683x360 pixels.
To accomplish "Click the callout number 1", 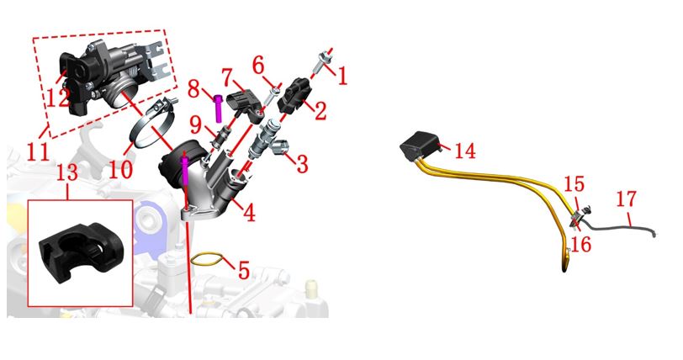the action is click(x=343, y=76).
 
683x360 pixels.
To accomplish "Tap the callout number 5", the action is click(x=244, y=270).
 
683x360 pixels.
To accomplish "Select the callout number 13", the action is click(x=67, y=172).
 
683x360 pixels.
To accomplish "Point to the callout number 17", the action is click(x=627, y=199).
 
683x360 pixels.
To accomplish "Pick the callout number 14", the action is click(x=465, y=151).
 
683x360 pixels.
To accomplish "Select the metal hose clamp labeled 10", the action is click(x=151, y=126).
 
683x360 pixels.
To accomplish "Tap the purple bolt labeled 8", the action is click(x=218, y=109).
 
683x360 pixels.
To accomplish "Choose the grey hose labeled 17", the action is click(x=618, y=228).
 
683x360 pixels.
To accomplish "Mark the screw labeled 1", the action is click(x=321, y=63).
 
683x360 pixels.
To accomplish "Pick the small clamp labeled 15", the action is click(x=580, y=214).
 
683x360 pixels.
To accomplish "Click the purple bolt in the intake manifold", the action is click(x=184, y=170).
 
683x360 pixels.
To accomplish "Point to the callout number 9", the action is click(x=196, y=125).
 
